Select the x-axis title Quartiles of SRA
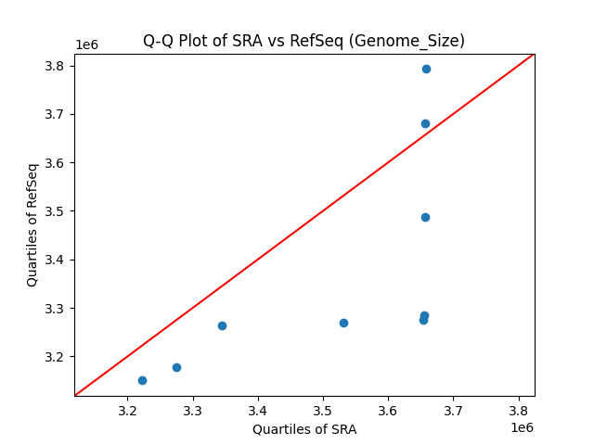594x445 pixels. [x=304, y=429]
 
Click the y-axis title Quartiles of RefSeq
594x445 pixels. [x=32, y=224]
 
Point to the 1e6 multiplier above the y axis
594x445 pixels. [x=86, y=44]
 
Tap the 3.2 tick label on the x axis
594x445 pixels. [x=128, y=411]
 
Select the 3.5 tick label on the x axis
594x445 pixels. [x=323, y=411]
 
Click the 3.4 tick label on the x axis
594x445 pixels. [x=258, y=411]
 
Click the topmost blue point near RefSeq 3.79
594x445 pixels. [x=426, y=69]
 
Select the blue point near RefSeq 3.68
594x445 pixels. [x=425, y=123]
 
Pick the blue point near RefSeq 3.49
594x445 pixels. [x=425, y=217]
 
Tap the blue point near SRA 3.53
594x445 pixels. [x=343, y=323]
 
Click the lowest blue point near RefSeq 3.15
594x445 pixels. [x=142, y=380]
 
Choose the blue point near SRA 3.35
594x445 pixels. [x=222, y=325]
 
